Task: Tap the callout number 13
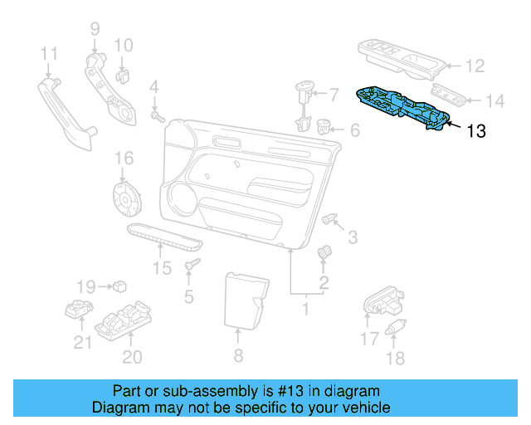click(475, 130)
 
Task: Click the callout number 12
click(474, 66)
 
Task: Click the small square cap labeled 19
click(120, 286)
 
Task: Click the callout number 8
click(237, 357)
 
